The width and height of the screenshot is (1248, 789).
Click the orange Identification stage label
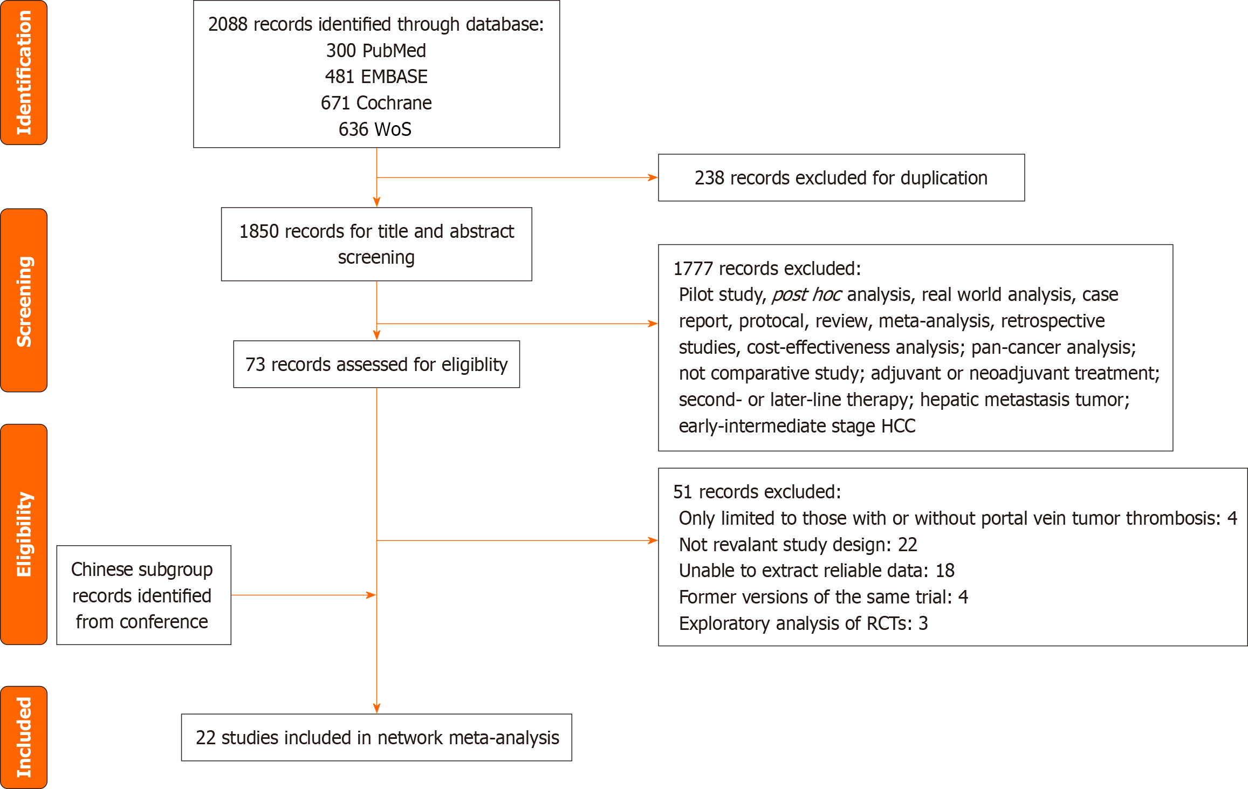pos(24,73)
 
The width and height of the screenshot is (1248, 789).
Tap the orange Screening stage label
pos(24,300)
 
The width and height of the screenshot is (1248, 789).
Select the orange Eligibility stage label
pos(24,534)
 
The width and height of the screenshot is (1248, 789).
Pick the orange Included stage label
pos(24,737)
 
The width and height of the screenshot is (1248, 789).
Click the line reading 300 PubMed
pos(376,51)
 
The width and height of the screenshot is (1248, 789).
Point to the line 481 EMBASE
pos(376,77)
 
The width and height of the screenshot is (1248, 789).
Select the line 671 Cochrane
pos(376,103)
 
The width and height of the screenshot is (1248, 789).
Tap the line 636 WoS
pos(375,129)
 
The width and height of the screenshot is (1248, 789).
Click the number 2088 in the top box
pos(228,25)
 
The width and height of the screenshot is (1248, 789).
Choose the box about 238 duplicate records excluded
pos(841,178)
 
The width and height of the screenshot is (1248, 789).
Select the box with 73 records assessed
pos(376,365)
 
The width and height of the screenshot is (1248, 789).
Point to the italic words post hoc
pos(806,295)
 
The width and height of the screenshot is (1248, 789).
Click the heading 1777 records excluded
pos(766,269)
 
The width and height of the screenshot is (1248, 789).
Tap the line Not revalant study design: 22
pos(798,545)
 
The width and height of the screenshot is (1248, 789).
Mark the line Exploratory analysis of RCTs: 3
pos(803,623)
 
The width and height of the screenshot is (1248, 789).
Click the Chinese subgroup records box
pos(143,595)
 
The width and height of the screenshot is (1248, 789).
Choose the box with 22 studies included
pos(376,738)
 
